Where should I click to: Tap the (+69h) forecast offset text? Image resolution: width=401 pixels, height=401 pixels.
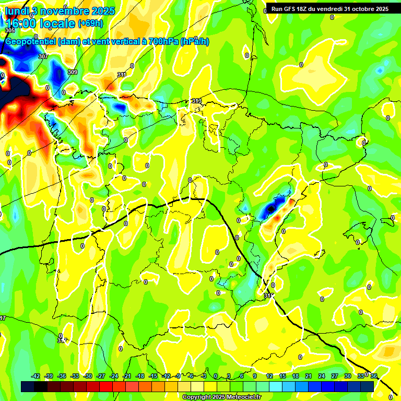pyautogui.click(x=90, y=23)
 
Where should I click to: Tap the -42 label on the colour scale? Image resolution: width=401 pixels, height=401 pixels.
pyautogui.click(x=36, y=376)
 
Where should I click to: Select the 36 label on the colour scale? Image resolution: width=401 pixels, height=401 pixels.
pyautogui.click(x=374, y=376)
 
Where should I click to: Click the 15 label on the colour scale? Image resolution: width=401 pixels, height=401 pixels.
pyautogui.click(x=282, y=376)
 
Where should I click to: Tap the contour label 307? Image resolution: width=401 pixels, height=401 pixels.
pyautogui.click(x=43, y=56)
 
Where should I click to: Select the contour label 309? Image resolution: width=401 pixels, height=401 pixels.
pyautogui.click(x=72, y=72)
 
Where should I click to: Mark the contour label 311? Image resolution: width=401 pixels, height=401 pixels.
pyautogui.click(x=122, y=75)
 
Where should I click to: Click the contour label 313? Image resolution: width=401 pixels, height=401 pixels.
pyautogui.click(x=197, y=101)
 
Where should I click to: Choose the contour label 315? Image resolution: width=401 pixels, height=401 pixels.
pyautogui.click(x=268, y=296)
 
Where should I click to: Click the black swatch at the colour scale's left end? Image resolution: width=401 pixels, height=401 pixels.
pyautogui.click(x=28, y=386)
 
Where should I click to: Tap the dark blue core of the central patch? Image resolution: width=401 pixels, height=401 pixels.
pyautogui.click(x=270, y=209)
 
